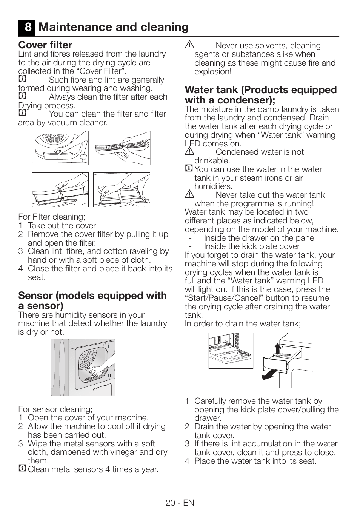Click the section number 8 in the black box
28,27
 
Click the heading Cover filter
45,45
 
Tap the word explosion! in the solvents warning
213,72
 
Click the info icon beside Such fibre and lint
22,79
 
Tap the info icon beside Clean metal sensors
22,469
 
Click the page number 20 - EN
180,503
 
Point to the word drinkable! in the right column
212,161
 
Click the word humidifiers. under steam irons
213,186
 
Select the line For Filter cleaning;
52,217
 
